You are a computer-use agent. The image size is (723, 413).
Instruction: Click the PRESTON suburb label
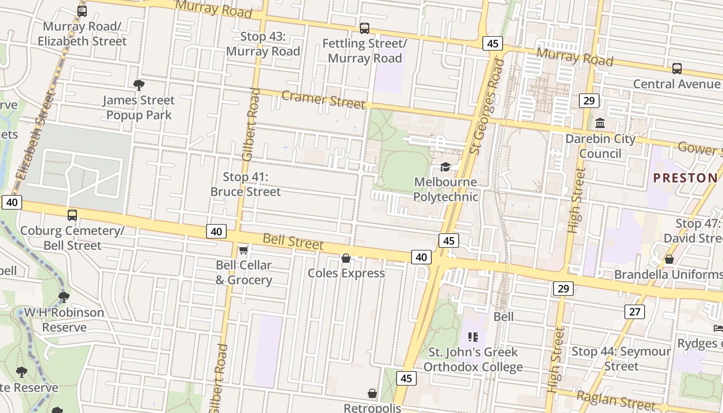pos(685,178)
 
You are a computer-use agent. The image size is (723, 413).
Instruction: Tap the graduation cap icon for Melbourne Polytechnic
pos(445,167)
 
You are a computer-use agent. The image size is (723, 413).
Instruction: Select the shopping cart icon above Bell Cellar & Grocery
pos(243,250)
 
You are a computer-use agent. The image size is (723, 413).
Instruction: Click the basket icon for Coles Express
pos(346,258)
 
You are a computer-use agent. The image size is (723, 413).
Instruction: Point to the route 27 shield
pos(635,311)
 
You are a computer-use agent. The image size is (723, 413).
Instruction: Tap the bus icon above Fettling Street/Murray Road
pos(365,28)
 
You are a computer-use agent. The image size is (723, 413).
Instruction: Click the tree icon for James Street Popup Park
pos(138,85)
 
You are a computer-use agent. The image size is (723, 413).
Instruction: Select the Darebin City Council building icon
pos(600,123)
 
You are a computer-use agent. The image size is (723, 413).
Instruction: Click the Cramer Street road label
pos(323,99)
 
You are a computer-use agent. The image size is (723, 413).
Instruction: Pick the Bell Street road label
pos(293,241)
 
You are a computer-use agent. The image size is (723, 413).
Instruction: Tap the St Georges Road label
pos(486,106)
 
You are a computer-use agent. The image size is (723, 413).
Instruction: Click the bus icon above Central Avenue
pos(677,68)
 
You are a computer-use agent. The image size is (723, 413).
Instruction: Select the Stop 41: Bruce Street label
pos(245,184)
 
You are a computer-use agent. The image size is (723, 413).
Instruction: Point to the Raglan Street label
pos(616,400)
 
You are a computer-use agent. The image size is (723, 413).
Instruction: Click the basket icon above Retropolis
pos(372,393)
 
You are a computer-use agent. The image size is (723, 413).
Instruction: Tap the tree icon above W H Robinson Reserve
pos(64,297)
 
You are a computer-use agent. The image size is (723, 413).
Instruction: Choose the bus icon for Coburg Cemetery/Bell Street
pos(72,215)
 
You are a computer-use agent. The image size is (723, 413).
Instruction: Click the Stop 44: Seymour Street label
pos(621,359)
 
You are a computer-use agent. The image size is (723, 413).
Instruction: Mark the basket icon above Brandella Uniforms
pos(669,259)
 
